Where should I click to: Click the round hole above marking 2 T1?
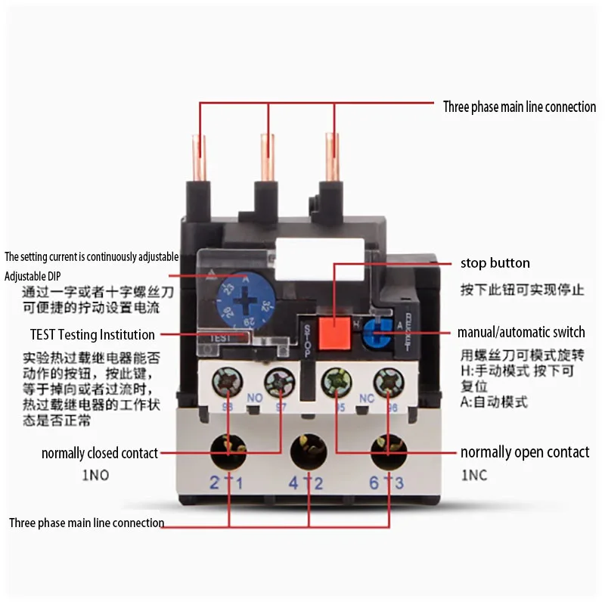coord(228,452)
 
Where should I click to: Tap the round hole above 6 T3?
coord(388,452)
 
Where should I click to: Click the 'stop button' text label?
coord(495,263)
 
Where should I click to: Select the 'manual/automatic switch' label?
coord(521,332)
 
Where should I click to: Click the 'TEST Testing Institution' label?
coord(92,334)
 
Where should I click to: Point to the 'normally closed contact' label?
coord(100,454)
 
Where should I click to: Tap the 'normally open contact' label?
coord(525,452)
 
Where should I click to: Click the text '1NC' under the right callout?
coord(474,476)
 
